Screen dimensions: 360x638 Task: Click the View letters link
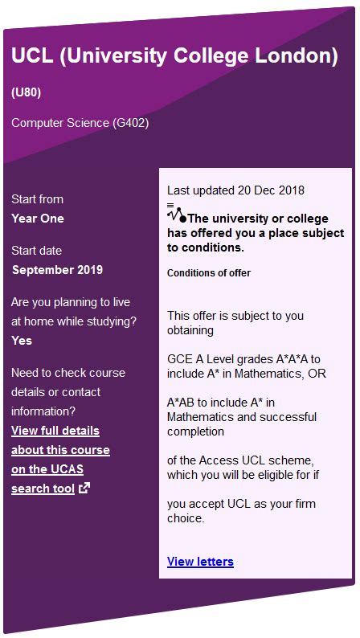coord(200,562)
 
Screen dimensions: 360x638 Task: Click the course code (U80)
coord(26,92)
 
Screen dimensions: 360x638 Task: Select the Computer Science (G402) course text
coord(80,123)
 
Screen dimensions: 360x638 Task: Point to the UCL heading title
coord(174,56)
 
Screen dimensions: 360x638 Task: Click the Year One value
coord(38,219)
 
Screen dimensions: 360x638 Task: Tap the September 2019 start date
coord(57,270)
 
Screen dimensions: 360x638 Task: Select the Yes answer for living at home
coord(22,341)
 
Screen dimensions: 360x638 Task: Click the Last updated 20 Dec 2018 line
coord(235,190)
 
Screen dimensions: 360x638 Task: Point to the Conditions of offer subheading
coord(209,273)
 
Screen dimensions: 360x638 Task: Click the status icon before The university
coord(176,213)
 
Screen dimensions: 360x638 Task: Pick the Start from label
coord(37,199)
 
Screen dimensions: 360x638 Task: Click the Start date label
coord(36,251)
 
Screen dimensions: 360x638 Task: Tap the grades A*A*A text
coord(283,359)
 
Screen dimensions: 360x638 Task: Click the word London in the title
coord(292,56)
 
